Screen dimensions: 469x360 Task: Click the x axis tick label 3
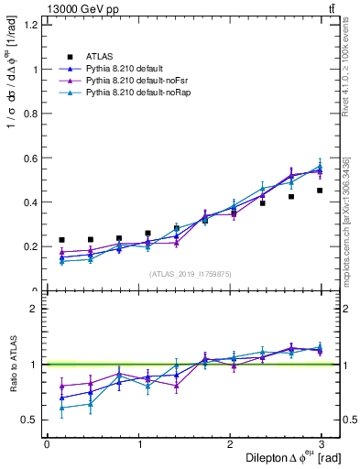click(322, 443)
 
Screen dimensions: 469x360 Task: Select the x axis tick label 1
click(138, 443)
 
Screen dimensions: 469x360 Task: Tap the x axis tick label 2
click(230, 443)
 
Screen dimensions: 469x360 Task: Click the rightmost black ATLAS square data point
click(320, 191)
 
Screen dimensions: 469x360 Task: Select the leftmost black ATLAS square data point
click(61, 240)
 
